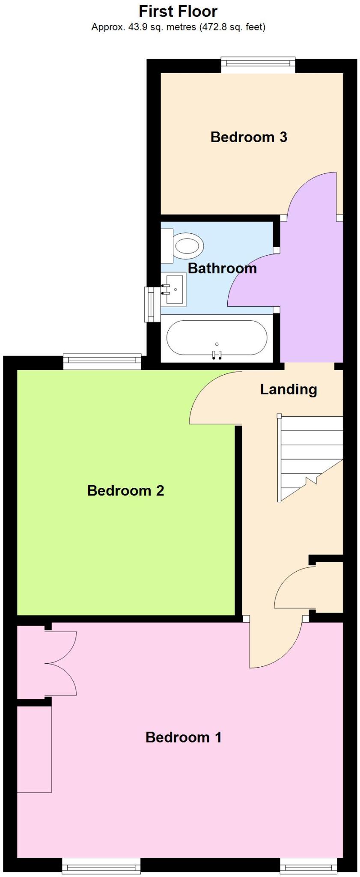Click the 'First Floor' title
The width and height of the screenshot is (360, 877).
pyautogui.click(x=178, y=11)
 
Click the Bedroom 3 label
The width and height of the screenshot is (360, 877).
pyautogui.click(x=249, y=137)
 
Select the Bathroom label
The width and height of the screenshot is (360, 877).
pyautogui.click(x=222, y=268)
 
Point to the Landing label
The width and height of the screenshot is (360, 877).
pyautogui.click(x=289, y=389)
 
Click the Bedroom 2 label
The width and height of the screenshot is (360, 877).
pyautogui.click(x=125, y=490)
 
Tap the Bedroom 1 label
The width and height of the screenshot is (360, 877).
pyautogui.click(x=183, y=737)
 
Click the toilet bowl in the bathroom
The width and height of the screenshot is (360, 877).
pyautogui.click(x=187, y=246)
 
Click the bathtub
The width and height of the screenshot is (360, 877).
pyautogui.click(x=217, y=338)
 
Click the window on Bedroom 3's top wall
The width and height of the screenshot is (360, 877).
pyautogui.click(x=258, y=64)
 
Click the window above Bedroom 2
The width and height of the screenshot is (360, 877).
pyautogui.click(x=102, y=361)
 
